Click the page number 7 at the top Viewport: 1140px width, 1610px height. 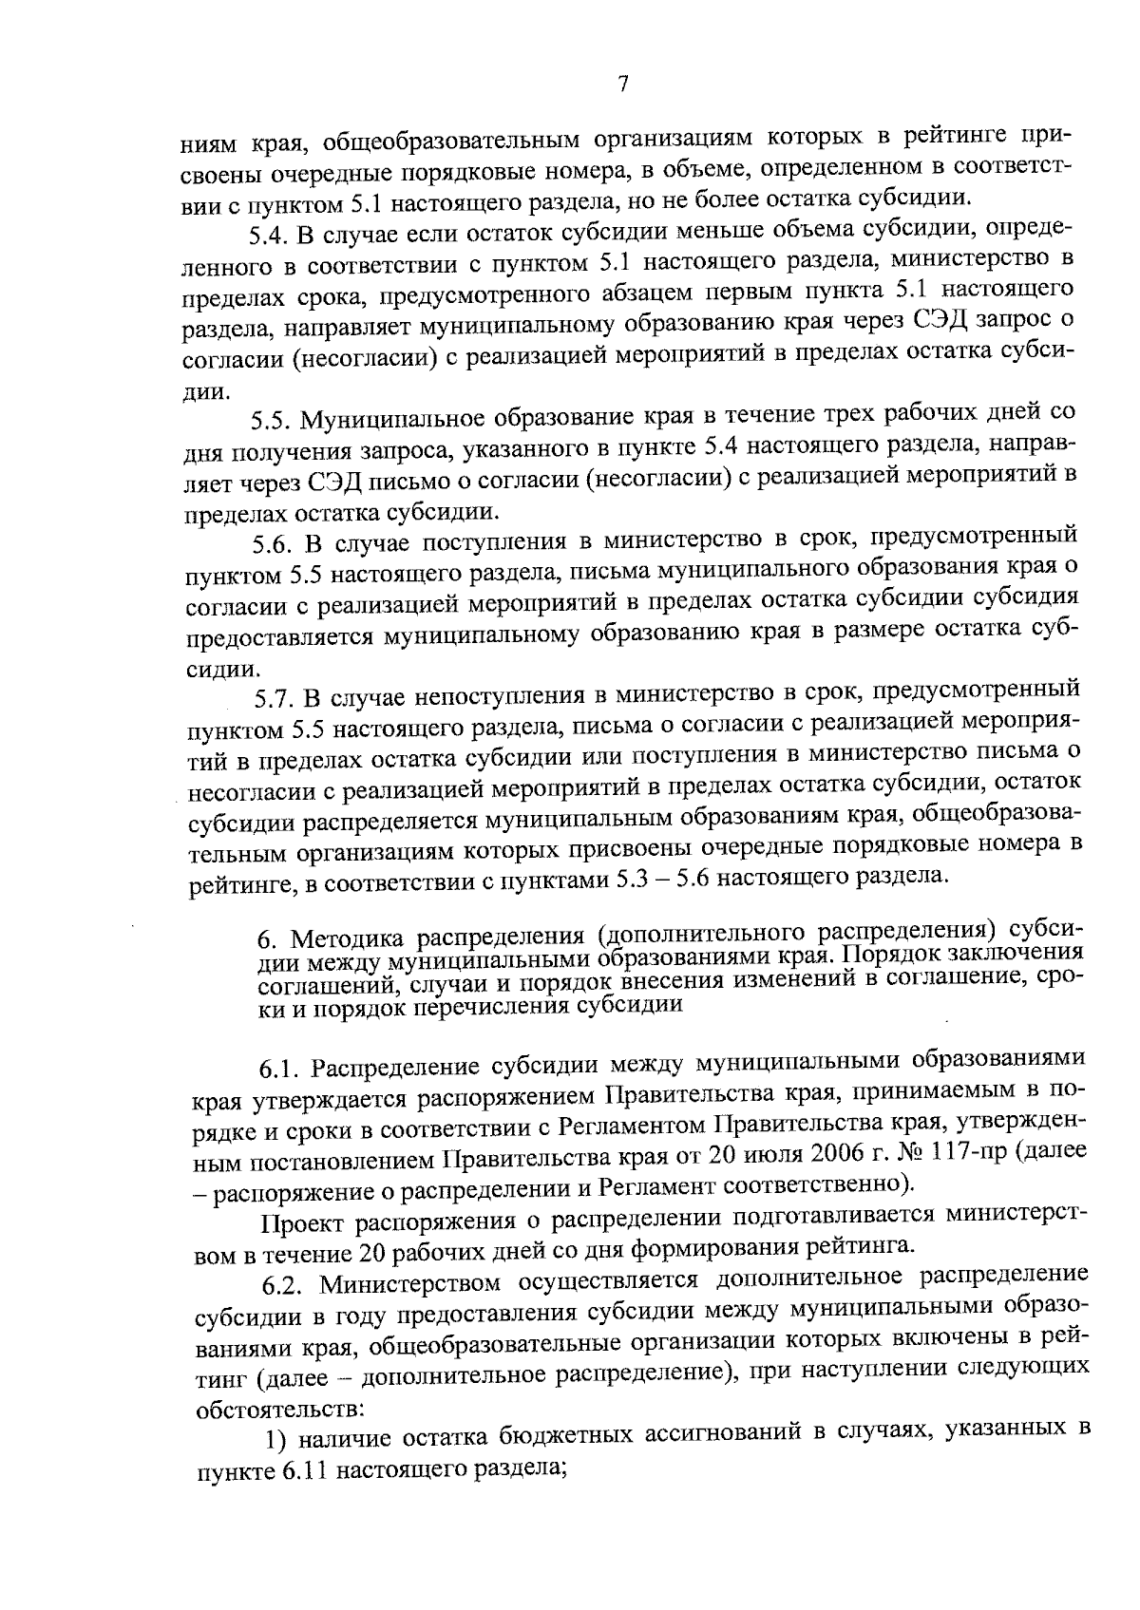tap(622, 85)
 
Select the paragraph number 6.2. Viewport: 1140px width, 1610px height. tap(282, 1281)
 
